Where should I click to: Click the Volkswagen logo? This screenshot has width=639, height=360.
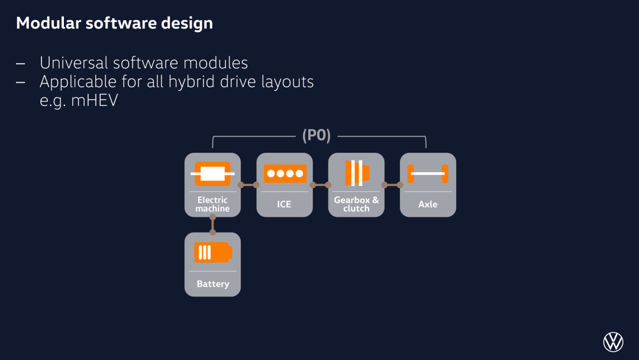point(613,342)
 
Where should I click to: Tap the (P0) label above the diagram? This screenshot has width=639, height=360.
point(316,136)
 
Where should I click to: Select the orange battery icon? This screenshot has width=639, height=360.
point(213,252)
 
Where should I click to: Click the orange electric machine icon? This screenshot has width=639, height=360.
point(213,173)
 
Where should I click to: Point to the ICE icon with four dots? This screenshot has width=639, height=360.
point(285,173)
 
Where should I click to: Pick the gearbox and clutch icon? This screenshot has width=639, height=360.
point(357,173)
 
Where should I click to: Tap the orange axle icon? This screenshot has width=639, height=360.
point(428,173)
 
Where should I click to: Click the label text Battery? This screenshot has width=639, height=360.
point(213,284)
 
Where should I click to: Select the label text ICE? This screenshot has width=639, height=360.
point(284,204)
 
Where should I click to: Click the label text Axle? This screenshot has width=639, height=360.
point(428,204)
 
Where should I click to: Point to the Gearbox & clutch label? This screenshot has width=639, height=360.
point(356,204)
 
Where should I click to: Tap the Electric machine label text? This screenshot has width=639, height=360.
point(212,204)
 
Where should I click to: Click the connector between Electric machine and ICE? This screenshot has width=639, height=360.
point(248,185)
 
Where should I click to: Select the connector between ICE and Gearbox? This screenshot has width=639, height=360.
point(320,185)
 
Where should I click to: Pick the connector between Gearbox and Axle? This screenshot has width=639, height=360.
point(392,185)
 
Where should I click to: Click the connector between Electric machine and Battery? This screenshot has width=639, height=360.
point(213,224)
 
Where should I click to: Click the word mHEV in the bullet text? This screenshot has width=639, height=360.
point(95,100)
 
